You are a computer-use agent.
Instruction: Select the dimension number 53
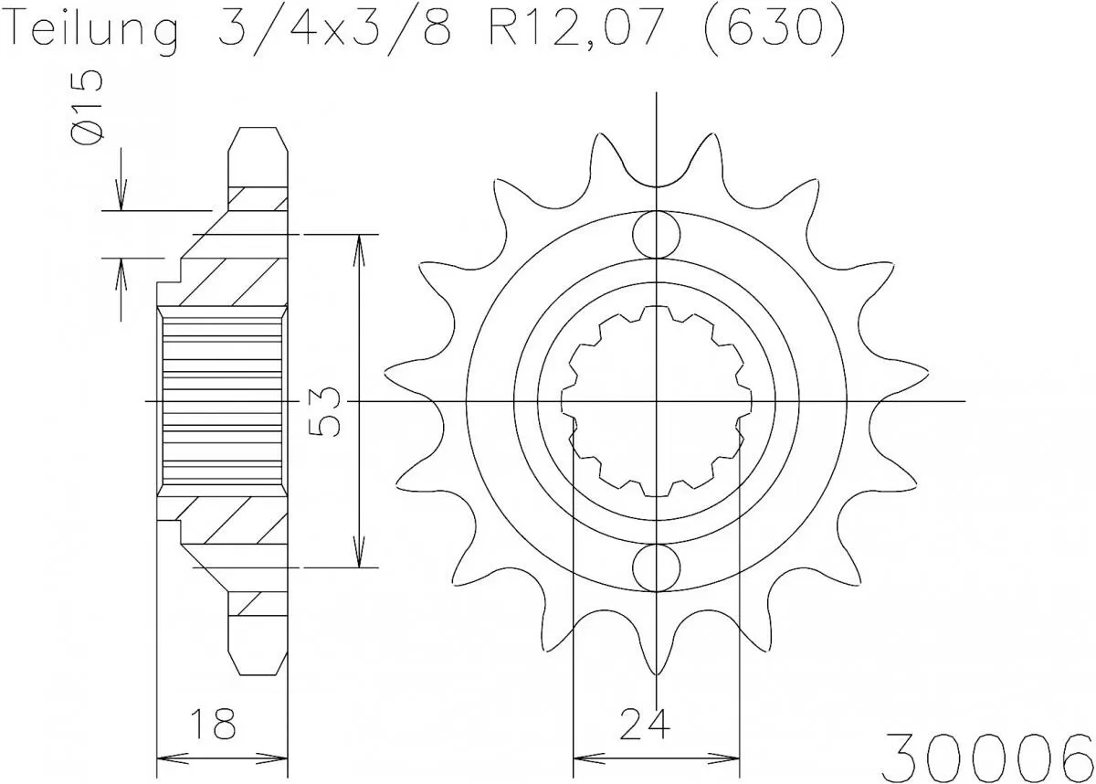click(x=326, y=411)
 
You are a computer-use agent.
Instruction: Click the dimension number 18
click(x=214, y=724)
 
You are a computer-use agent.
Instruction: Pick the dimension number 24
click(x=644, y=724)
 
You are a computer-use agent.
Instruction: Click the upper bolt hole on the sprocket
click(x=656, y=235)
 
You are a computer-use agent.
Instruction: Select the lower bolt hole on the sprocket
click(x=656, y=567)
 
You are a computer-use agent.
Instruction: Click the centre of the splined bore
click(x=656, y=401)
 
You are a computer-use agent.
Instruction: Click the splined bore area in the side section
click(x=222, y=401)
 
